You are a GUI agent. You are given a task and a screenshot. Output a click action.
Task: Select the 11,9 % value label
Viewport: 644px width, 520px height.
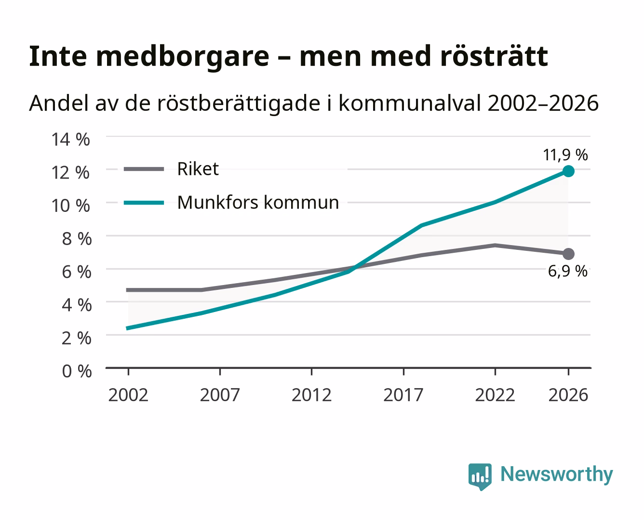tap(565, 155)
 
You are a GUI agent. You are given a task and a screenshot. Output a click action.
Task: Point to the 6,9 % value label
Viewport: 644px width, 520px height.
tap(567, 271)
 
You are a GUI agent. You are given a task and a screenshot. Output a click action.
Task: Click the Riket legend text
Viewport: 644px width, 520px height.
tap(198, 169)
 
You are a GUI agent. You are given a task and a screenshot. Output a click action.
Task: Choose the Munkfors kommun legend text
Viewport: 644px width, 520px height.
tap(258, 202)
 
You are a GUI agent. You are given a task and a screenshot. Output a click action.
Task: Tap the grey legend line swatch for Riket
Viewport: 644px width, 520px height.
tap(144, 169)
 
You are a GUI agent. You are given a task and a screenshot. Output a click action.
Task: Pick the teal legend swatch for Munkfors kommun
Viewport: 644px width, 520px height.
tap(144, 203)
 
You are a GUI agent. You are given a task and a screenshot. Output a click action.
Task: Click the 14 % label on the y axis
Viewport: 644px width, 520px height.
tap(71, 140)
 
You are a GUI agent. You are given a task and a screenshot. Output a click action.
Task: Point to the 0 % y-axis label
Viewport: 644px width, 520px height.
tap(77, 371)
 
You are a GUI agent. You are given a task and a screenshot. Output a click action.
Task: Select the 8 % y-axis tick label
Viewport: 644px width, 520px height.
tap(77, 239)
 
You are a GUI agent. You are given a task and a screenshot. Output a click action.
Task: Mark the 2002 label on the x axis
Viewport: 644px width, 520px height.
tap(128, 395)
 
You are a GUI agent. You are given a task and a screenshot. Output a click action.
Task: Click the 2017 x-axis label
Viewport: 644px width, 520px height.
tap(403, 395)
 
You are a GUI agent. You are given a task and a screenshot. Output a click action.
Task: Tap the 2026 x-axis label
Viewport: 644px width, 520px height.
tap(568, 395)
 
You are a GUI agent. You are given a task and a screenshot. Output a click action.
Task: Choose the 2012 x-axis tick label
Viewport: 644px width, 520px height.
tap(312, 395)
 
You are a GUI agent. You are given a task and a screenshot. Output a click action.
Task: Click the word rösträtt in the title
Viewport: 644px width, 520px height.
tap(494, 56)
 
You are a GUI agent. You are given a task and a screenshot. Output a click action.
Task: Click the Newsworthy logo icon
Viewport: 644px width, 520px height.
tap(480, 476)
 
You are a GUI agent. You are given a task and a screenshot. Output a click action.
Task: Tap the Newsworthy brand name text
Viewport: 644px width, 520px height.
tap(557, 474)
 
